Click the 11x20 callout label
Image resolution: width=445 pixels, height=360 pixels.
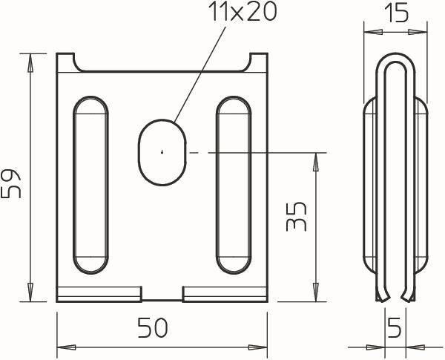243,12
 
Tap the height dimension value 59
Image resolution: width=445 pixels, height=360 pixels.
11,183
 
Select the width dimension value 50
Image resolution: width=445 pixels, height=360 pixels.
153,327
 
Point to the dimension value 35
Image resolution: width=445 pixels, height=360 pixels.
297,216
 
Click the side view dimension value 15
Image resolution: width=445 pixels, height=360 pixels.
396,13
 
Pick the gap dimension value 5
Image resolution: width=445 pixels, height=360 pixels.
395,327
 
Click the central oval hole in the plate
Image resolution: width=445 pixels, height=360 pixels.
162,152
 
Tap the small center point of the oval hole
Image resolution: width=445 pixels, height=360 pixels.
162,151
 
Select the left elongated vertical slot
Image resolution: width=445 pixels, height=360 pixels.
90,185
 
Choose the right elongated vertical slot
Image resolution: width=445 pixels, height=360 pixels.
234,185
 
